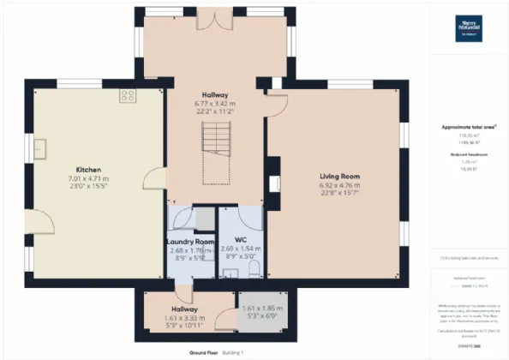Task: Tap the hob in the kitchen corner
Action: coord(129,95)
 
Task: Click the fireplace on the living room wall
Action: coord(272,183)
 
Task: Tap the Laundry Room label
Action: coord(189,243)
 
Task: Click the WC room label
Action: coord(240,238)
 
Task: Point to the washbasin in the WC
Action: coord(231,273)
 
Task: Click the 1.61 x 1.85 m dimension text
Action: coord(261,308)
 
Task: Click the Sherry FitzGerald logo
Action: coord(467,25)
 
